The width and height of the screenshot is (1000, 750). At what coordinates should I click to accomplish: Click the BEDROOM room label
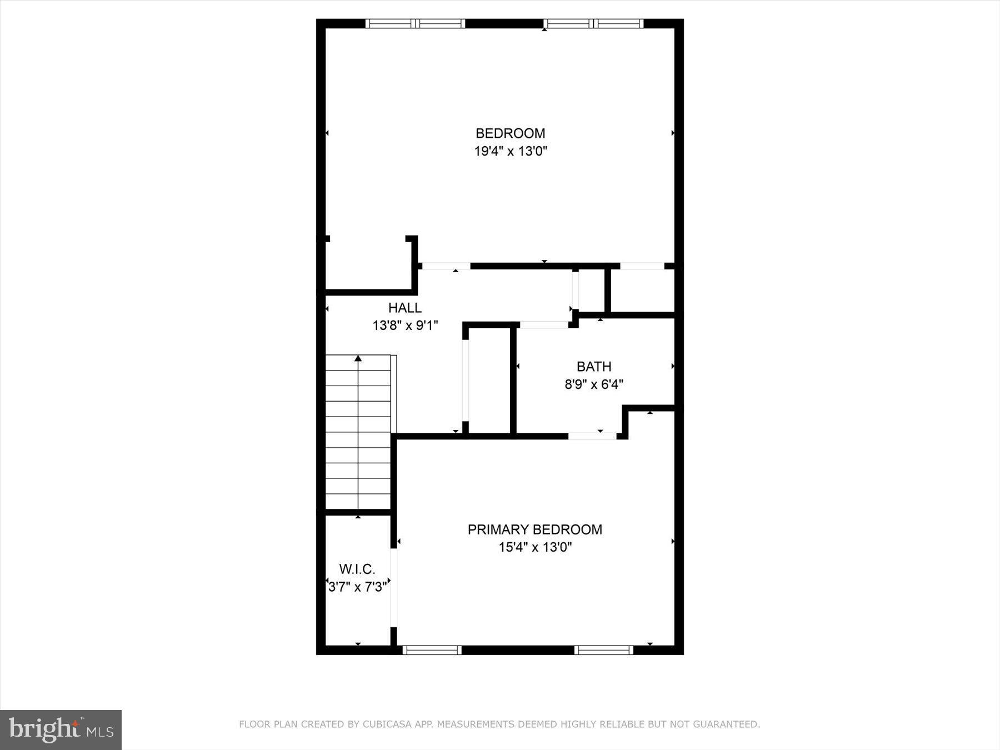(510, 133)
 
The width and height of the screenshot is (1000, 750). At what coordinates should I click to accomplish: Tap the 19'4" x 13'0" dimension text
(510, 151)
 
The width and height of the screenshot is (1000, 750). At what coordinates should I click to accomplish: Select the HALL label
(404, 308)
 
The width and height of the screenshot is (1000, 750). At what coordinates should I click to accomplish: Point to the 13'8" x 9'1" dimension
(405, 326)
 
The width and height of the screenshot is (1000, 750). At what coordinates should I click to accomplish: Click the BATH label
(594, 367)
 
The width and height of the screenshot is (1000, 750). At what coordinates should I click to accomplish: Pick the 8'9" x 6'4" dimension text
(594, 384)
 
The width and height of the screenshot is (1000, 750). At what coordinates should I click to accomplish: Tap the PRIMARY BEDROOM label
(534, 529)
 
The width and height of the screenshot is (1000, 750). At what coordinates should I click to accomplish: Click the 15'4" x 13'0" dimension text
(534, 547)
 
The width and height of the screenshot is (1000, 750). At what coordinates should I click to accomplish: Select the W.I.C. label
(357, 569)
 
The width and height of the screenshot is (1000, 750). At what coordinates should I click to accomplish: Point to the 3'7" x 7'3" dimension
(357, 587)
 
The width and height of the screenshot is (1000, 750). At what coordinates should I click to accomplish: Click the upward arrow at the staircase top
(358, 359)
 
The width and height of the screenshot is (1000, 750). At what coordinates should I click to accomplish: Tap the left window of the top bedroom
(415, 23)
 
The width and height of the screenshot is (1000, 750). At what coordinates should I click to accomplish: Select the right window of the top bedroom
(593, 23)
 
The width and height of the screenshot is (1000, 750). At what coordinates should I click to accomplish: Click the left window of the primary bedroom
(432, 650)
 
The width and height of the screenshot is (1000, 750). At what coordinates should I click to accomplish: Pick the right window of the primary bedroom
(603, 650)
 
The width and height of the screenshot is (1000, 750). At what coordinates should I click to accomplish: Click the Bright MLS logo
(61, 729)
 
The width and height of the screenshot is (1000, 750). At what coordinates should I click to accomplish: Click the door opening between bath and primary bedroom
(592, 436)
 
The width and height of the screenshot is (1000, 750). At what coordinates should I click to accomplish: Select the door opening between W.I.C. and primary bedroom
(394, 587)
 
